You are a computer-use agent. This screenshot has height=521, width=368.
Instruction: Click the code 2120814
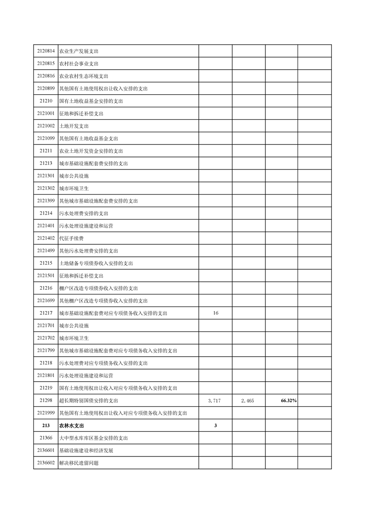click(45, 51)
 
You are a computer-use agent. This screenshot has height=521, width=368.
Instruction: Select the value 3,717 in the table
click(216, 400)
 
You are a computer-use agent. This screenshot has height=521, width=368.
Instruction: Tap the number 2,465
click(247, 400)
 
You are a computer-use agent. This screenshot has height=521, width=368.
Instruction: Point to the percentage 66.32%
click(289, 400)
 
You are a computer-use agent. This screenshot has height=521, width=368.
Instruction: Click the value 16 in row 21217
click(216, 313)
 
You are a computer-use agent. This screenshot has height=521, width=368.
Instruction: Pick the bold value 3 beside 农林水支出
click(216, 425)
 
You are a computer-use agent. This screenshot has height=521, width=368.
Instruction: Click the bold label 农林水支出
click(71, 425)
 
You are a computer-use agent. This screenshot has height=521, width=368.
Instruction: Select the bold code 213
click(45, 425)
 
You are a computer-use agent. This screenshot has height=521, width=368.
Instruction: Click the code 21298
click(45, 400)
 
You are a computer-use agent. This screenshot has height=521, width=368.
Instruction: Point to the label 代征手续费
click(71, 238)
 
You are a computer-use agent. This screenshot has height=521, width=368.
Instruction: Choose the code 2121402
click(45, 238)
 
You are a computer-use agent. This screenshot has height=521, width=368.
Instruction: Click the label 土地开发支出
click(74, 126)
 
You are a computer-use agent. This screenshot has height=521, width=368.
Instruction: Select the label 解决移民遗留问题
click(79, 463)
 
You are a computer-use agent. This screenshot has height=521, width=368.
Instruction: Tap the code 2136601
click(45, 450)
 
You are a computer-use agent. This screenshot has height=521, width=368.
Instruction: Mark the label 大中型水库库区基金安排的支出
click(93, 438)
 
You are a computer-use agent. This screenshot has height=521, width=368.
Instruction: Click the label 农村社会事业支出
click(79, 64)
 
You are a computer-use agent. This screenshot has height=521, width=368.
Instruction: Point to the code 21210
click(45, 101)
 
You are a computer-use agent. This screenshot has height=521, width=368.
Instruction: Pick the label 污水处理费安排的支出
click(84, 213)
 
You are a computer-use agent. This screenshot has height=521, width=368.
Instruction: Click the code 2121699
click(45, 300)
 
